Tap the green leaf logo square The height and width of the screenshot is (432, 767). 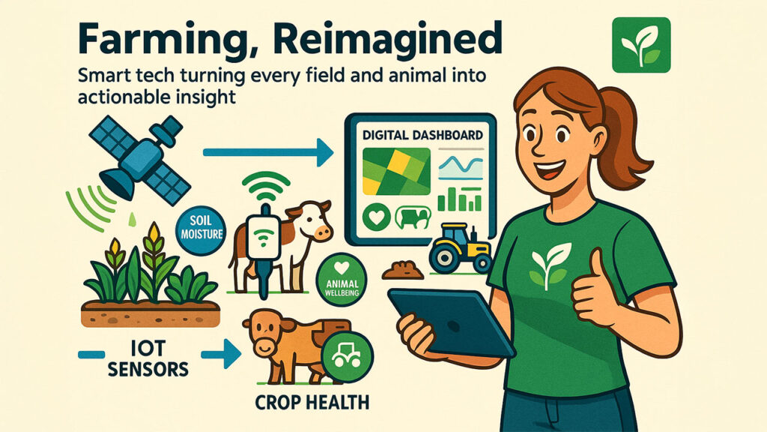coord(641,45)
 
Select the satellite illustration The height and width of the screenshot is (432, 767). coord(140,160)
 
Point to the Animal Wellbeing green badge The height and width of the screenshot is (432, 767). coord(342,282)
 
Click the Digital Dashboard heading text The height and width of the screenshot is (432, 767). coord(422,135)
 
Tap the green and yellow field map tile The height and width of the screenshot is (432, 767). coord(396,172)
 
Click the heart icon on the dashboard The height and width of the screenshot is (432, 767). coord(377,217)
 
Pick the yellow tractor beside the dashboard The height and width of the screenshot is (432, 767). coord(460,247)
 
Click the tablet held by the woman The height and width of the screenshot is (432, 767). coord(451,321)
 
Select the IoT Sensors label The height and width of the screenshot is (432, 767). coord(148,358)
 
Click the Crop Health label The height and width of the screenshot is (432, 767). coord(312,403)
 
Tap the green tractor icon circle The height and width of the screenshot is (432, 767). coord(348,356)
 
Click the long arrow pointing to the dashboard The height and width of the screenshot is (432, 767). coord(268,153)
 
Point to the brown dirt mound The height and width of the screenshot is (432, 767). coord(402,270)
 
